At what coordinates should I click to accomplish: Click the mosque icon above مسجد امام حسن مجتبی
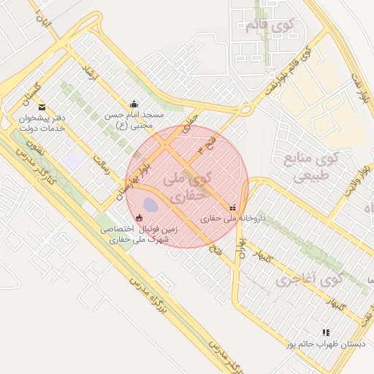133,104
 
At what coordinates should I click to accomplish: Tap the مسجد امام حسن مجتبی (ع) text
134,121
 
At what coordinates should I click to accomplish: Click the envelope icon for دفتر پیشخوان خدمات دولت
41,107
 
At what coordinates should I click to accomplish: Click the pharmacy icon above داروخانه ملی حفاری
233,207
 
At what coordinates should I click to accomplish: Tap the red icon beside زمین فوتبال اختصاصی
140,217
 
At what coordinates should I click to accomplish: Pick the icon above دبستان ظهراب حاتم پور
326,332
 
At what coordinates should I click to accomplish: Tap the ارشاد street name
91,73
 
